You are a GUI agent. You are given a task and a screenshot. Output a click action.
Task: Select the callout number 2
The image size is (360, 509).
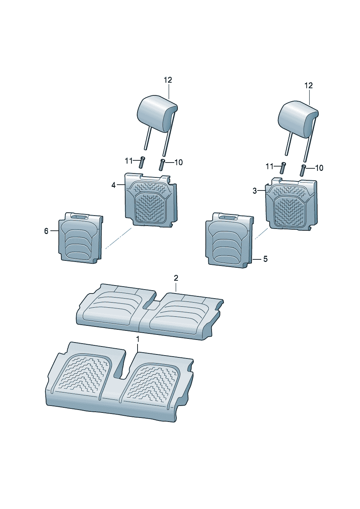[x=176, y=278]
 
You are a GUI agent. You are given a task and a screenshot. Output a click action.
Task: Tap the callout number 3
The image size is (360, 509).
[x=255, y=191]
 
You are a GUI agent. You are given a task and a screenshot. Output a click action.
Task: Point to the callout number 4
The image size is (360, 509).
[x=114, y=185]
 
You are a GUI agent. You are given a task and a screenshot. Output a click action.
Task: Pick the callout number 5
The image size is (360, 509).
[x=265, y=259]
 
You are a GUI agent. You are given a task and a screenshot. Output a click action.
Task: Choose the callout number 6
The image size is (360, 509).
[x=46, y=231]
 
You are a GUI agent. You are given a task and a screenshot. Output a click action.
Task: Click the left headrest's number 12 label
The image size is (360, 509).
[x=168, y=80]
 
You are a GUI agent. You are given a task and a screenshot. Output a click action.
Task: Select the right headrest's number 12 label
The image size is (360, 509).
[x=308, y=86]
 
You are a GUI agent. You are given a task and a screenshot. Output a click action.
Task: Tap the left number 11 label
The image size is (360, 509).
[x=128, y=161]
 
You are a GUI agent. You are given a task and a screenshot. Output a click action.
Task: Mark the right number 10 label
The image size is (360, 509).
[x=319, y=168]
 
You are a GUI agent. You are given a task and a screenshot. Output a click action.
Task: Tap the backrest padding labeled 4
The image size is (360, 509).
[x=151, y=200]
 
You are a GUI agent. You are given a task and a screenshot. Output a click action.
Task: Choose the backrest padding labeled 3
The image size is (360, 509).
[x=291, y=204]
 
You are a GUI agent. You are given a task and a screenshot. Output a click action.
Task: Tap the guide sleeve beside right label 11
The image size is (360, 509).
[x=283, y=168]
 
